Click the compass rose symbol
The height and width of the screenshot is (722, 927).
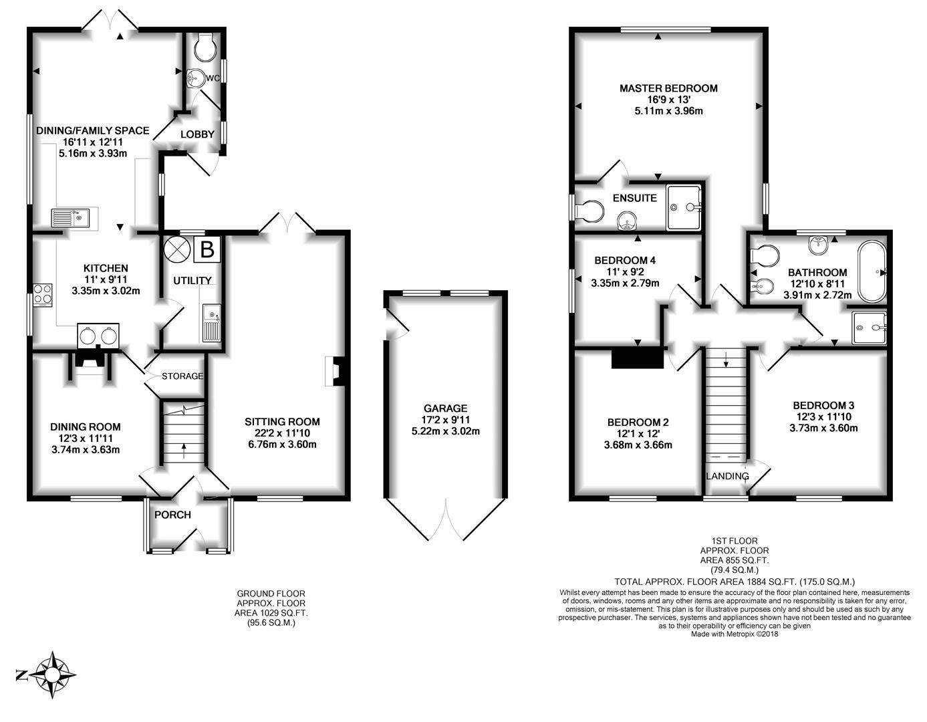point(52,675)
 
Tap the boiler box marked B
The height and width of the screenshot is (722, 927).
point(207,249)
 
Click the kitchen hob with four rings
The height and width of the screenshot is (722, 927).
point(42,295)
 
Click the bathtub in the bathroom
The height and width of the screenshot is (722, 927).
point(872,272)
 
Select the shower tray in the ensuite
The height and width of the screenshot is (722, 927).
point(684,207)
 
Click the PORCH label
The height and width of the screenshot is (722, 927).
point(172,515)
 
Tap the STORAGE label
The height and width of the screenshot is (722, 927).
point(182,376)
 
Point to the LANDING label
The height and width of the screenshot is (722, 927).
point(727,476)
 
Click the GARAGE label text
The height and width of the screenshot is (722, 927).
point(445,408)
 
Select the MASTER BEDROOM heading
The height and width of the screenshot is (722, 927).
point(668,88)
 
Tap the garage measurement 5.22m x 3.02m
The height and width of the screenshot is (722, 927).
point(445,431)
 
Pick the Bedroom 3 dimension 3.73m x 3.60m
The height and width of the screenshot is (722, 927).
point(823,428)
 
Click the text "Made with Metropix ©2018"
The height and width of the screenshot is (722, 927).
point(735,634)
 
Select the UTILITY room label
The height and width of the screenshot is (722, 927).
point(192,280)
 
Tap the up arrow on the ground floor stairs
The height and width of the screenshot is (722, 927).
point(184,451)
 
